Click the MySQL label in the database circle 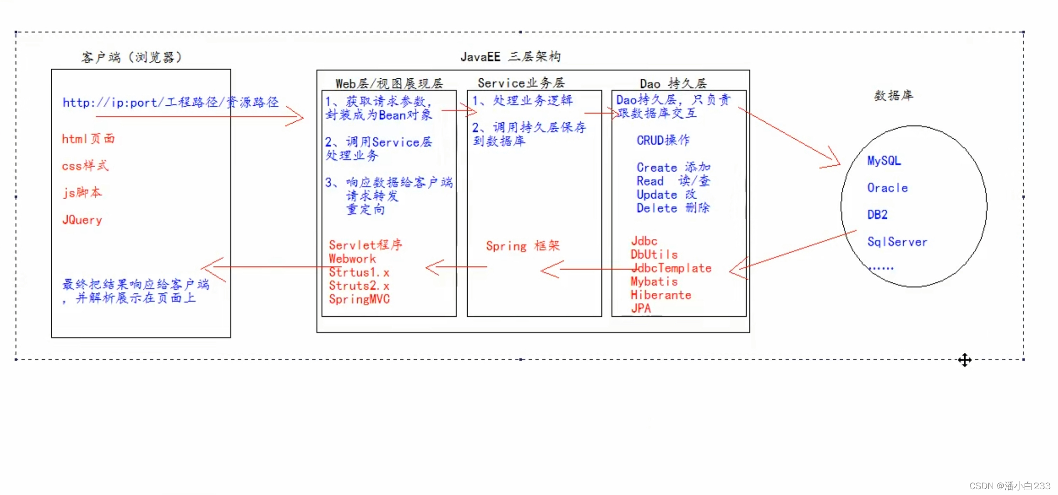pyautogui.click(x=884, y=161)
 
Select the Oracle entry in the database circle pyautogui.click(x=887, y=188)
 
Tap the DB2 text pyautogui.click(x=877, y=215)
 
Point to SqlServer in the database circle pyautogui.click(x=897, y=242)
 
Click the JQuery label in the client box pyautogui.click(x=82, y=220)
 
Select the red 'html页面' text pyautogui.click(x=88, y=139)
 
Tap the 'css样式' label pyautogui.click(x=85, y=166)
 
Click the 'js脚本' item pyautogui.click(x=82, y=193)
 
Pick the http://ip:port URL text pyautogui.click(x=170, y=102)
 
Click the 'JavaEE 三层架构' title pyautogui.click(x=510, y=57)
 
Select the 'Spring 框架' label pyautogui.click(x=523, y=246)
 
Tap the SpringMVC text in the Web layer pyautogui.click(x=359, y=299)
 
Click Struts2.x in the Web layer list pyautogui.click(x=359, y=286)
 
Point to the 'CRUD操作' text pyautogui.click(x=663, y=141)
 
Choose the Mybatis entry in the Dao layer pyautogui.click(x=654, y=281)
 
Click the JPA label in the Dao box pyautogui.click(x=641, y=308)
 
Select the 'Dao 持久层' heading pyautogui.click(x=673, y=84)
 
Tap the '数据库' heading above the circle pyautogui.click(x=894, y=96)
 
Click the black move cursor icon pyautogui.click(x=965, y=360)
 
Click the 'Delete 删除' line pyautogui.click(x=673, y=208)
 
